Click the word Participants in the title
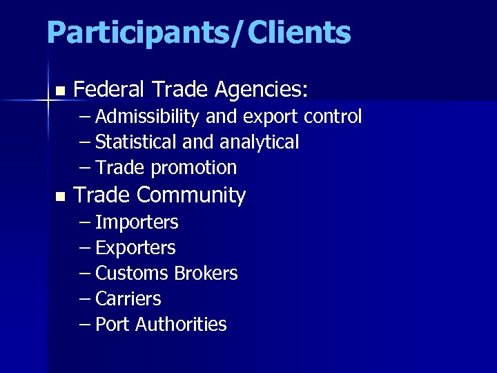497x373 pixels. [x=140, y=32]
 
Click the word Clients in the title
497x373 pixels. [x=299, y=32]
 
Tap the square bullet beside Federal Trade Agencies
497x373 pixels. [x=60, y=90]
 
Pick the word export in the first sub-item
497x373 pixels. [x=269, y=117]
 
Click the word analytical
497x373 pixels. [x=259, y=142]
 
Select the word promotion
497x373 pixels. [x=193, y=168]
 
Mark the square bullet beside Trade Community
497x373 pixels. [x=60, y=197]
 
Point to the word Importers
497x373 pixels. [x=137, y=222]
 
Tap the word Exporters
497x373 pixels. [x=135, y=247]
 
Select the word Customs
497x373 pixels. [x=132, y=273]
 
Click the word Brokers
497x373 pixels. [x=206, y=273]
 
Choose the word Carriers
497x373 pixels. [x=128, y=298]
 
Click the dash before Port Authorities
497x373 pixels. [x=85, y=324]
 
